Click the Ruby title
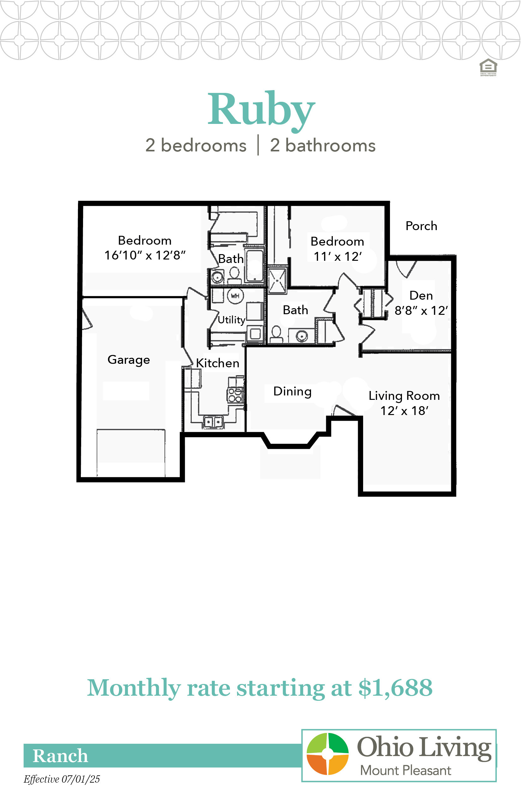tap(261, 111)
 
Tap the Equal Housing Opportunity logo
tap(488, 67)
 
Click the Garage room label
tap(129, 360)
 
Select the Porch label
tap(421, 226)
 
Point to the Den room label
tap(421, 296)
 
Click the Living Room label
tap(404, 396)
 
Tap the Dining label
tap(292, 392)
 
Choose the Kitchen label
tap(218, 363)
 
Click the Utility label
tap(231, 320)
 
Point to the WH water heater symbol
tap(235, 296)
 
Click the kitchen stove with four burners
tap(235, 395)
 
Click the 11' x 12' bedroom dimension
tap(338, 257)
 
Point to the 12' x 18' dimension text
tap(404, 411)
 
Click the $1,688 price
tap(395, 688)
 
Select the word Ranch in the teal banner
tap(60, 755)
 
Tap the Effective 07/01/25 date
tap(62, 779)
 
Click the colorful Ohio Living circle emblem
tap(327, 754)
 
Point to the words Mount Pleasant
tap(405, 771)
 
